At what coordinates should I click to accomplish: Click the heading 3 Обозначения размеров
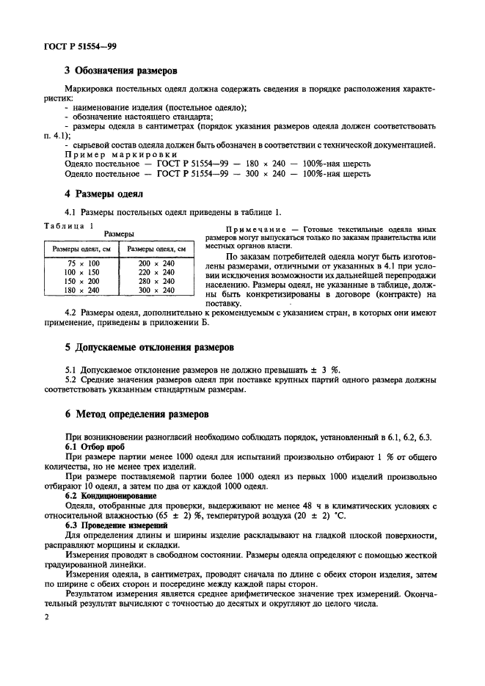121,71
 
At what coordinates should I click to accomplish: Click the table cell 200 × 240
156,263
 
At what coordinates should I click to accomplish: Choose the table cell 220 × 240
156,271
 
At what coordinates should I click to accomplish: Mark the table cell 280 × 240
156,281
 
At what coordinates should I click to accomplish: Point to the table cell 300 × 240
156,290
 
